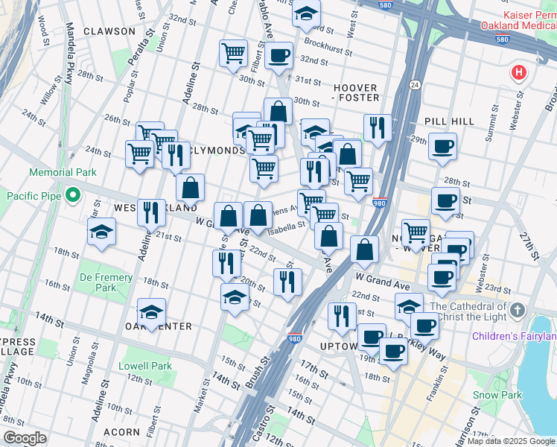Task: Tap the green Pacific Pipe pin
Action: pos(72,196)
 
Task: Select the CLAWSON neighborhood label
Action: pos(109,31)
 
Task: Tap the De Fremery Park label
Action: pos(107,282)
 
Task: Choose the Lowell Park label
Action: pos(150,366)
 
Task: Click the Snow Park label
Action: pos(495,395)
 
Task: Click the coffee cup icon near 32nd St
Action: pos(279,55)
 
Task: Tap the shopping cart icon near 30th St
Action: pos(233,53)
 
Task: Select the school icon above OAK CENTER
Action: pos(151,311)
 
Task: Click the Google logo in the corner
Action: pos(25,438)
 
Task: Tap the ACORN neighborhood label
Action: pos(121,431)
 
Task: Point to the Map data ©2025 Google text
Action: pos(510,441)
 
